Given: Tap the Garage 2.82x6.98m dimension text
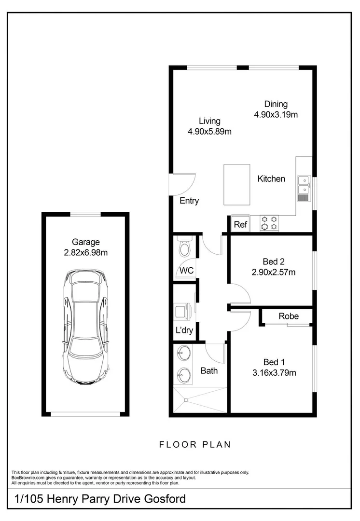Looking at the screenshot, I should [86, 252].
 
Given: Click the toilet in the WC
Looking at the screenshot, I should [185, 248].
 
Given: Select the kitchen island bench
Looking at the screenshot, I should [236, 185].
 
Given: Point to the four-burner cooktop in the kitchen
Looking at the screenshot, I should [269, 223].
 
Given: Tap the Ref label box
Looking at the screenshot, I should [240, 224].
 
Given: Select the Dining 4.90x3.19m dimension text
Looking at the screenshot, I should [276, 114].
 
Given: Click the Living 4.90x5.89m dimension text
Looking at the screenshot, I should [209, 131].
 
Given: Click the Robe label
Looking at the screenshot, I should [288, 316].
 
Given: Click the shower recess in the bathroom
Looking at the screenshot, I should [200, 400].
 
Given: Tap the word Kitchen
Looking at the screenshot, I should [271, 179].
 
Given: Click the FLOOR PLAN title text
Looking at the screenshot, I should [195, 444].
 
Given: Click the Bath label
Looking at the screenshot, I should [209, 370].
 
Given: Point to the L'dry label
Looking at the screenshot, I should [184, 331].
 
